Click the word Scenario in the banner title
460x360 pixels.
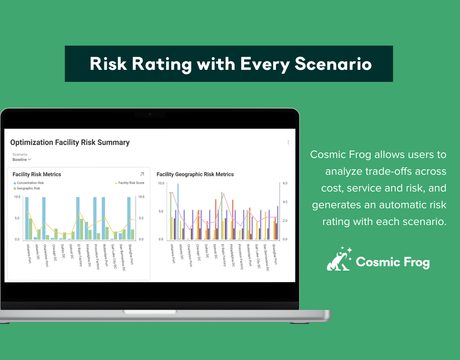333,64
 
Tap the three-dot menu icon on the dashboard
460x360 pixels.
288,142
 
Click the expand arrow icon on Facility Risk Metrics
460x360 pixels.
142,174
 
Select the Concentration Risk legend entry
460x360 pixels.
30,183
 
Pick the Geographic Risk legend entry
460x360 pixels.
28,188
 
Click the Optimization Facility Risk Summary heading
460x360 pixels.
70,142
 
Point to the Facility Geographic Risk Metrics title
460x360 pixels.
195,174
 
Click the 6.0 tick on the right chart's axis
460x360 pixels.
285,183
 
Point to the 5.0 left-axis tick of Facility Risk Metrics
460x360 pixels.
17,218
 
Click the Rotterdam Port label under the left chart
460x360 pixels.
106,255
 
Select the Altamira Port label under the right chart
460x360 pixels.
173,254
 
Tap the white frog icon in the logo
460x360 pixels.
339,259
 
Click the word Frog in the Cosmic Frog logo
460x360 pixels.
417,263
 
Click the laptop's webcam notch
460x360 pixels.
150,115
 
